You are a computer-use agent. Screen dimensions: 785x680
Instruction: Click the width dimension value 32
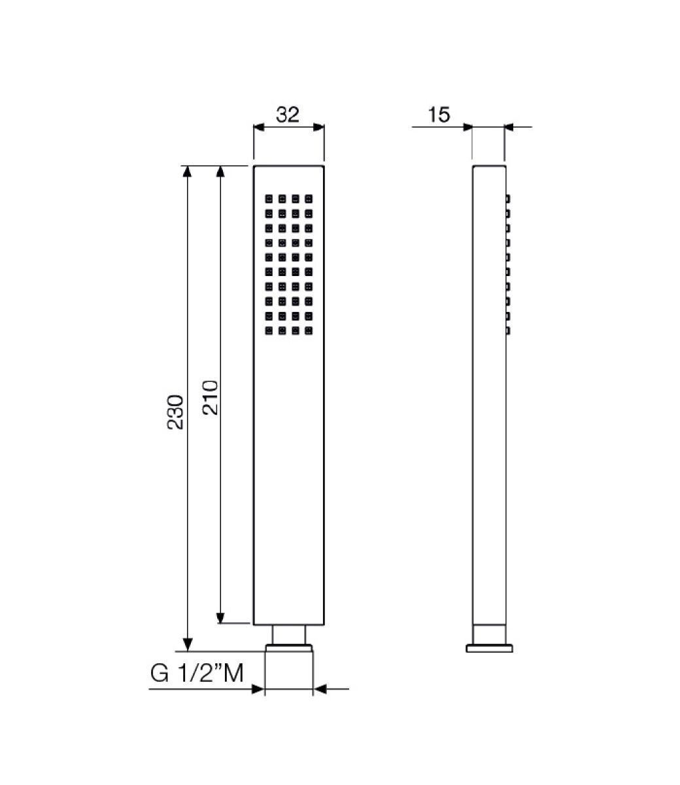(x=288, y=114)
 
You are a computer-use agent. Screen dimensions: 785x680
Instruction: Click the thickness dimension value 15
(x=439, y=114)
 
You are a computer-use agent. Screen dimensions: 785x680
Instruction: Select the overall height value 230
(x=175, y=411)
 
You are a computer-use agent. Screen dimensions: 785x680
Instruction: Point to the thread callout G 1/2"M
(x=197, y=673)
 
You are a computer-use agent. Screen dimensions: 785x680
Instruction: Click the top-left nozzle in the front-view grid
(x=268, y=198)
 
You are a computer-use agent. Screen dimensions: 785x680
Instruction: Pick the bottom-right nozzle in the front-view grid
(x=309, y=331)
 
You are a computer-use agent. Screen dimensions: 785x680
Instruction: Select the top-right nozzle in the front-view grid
(x=309, y=198)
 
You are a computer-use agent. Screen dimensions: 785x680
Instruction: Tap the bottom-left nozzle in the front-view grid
(x=268, y=331)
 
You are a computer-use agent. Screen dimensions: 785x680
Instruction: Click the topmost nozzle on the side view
(x=507, y=198)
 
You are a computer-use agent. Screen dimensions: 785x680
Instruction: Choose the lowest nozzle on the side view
(x=507, y=331)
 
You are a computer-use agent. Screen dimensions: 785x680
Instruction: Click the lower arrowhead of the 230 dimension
(x=188, y=645)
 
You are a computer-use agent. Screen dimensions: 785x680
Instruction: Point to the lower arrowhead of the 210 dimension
(x=221, y=618)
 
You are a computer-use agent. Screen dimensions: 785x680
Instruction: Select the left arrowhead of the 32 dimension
(x=259, y=128)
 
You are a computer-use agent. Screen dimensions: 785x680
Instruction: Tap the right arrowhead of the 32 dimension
(x=318, y=128)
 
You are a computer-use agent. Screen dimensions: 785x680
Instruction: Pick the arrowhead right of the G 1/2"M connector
(x=320, y=689)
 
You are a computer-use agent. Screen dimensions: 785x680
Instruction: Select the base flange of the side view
(x=489, y=648)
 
